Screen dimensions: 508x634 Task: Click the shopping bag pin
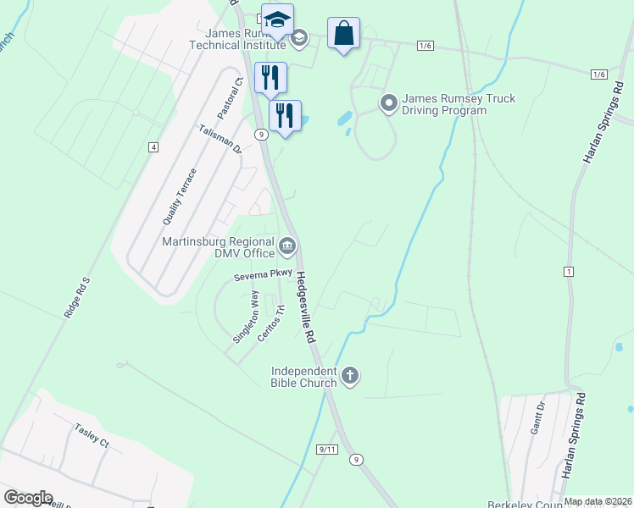(343, 34)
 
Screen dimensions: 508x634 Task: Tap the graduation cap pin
(277, 20)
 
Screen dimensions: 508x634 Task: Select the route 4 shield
(153, 147)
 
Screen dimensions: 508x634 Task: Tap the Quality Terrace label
(180, 196)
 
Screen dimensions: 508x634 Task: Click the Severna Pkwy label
(264, 273)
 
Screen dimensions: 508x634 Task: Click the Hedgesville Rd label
(307, 306)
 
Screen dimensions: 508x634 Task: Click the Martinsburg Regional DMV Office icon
(287, 246)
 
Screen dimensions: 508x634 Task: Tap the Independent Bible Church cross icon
(350, 375)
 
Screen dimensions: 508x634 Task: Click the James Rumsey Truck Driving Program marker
(389, 104)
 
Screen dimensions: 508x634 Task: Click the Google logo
(28, 498)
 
